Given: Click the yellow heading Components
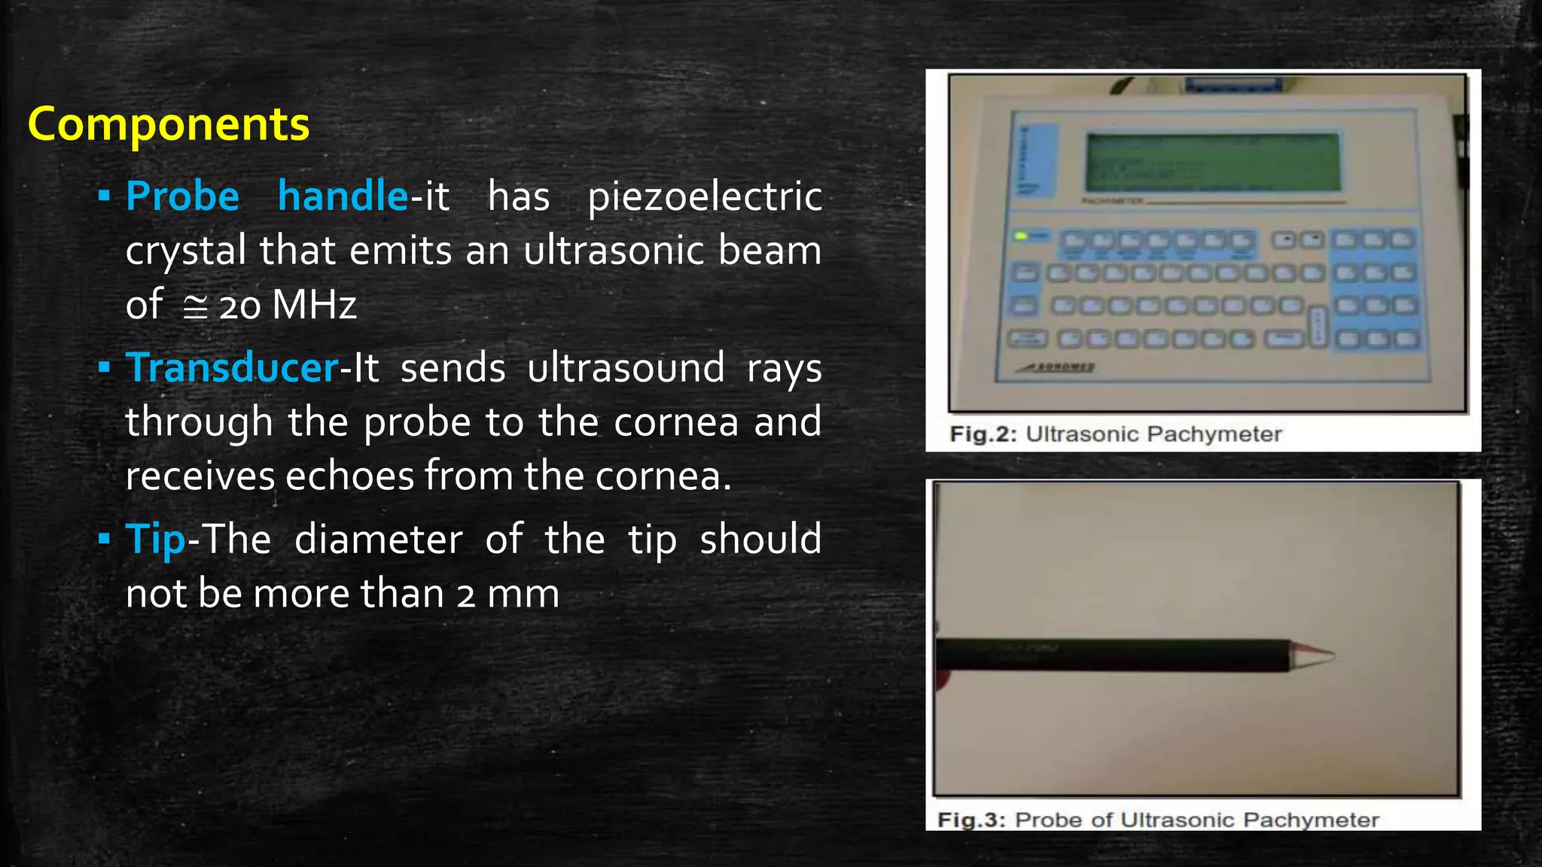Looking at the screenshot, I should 169,124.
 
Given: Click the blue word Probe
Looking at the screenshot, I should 182,196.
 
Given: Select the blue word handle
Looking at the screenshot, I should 343,196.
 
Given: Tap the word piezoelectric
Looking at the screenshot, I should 705,198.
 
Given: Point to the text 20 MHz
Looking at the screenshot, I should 288,306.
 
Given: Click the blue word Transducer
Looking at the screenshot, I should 232,368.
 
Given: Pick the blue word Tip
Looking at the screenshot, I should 155,540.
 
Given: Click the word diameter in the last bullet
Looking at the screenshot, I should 378,540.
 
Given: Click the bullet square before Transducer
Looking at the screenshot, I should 104,368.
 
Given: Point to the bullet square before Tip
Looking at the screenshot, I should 104,539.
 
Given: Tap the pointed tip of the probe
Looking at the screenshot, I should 1329,655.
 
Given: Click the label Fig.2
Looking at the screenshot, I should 983,434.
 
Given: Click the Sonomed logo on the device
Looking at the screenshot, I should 1058,367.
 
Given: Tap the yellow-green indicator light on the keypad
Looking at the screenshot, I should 1021,236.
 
